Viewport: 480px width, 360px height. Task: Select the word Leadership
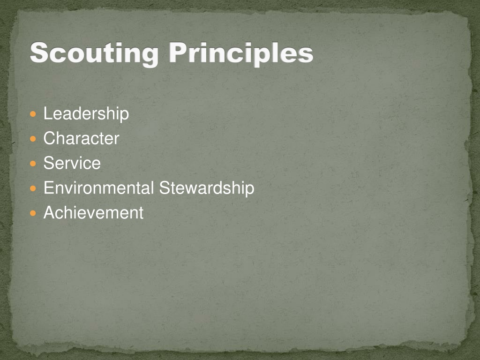86,113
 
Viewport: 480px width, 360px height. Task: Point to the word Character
81,138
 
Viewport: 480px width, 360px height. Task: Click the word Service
72,163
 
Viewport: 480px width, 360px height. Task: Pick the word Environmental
98,188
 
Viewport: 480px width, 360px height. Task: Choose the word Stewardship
207,188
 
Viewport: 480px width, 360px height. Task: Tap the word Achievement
93,213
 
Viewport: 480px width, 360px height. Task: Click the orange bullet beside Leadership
32,114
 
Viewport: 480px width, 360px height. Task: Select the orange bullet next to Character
32,139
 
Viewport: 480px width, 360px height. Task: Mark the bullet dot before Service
32,164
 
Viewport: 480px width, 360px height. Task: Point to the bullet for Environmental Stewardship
32,188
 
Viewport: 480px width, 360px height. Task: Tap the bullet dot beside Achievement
32,213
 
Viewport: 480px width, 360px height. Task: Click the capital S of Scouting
39,53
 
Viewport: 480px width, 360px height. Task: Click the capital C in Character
49,138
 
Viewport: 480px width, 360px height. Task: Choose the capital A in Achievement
49,213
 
